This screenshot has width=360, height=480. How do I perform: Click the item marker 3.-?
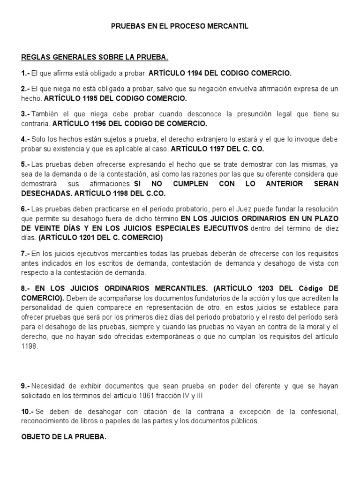click(26, 114)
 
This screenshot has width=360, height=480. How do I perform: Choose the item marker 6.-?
click(26, 209)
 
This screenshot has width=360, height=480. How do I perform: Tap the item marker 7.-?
click(26, 254)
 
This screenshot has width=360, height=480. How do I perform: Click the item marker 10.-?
click(27, 412)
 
